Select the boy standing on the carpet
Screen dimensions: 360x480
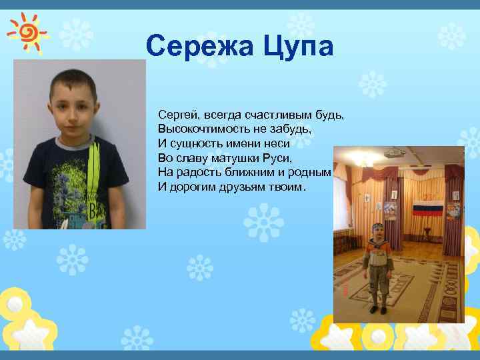[x=379, y=267]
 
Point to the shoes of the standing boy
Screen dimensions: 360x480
[x=378, y=309]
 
